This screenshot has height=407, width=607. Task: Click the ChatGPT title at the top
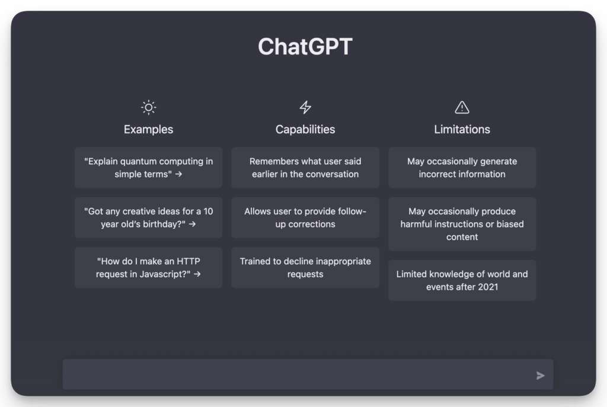(x=305, y=47)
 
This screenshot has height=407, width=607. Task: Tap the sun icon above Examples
(x=148, y=107)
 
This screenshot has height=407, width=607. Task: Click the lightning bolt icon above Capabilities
(x=305, y=107)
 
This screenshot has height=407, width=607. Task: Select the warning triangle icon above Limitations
(x=462, y=107)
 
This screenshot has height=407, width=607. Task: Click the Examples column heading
(x=148, y=129)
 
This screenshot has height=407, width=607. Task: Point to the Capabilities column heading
(x=305, y=129)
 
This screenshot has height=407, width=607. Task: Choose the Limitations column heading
(x=462, y=129)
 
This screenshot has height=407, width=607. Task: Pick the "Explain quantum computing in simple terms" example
(x=148, y=168)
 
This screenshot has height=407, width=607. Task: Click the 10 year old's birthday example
(x=148, y=217)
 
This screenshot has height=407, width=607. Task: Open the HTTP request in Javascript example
(x=148, y=268)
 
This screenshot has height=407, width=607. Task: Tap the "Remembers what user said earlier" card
(x=305, y=168)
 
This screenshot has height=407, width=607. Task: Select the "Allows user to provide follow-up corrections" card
(x=305, y=217)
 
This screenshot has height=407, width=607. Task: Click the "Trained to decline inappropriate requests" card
(x=305, y=268)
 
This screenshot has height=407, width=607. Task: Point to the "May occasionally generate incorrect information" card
(x=462, y=168)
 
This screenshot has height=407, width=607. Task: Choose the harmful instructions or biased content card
(x=462, y=224)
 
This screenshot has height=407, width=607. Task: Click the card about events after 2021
(x=462, y=280)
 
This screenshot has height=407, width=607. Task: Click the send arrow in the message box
(x=540, y=376)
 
